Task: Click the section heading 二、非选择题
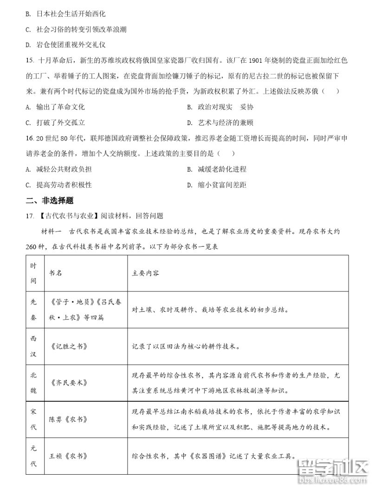pyautogui.click(x=50, y=201)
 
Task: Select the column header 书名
pyautogui.click(x=55, y=273)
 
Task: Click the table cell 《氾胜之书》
pyautogui.click(x=68, y=346)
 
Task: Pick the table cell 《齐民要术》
pyautogui.click(x=68, y=383)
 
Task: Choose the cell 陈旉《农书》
pyautogui.click(x=68, y=419)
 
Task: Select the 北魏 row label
pyautogui.click(x=33, y=383)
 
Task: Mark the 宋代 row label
pyautogui.click(x=33, y=419)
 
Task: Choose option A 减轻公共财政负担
pyautogui.click(x=58, y=169)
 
